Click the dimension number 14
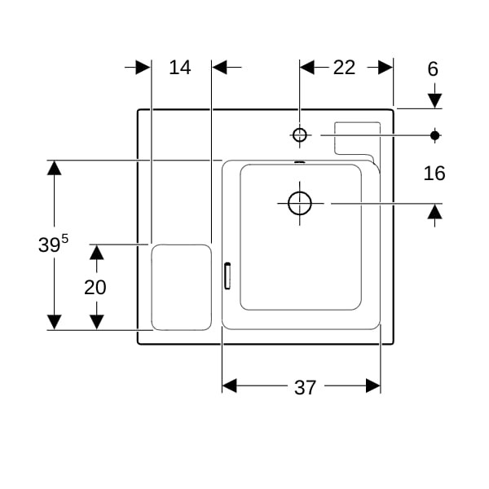point(180,68)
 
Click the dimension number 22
point(344,68)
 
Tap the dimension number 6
point(433,69)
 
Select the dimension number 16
point(434,174)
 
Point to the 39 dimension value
point(49,244)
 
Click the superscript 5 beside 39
point(65,239)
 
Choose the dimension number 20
point(95,287)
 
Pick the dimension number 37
point(306,388)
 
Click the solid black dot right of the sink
point(434,135)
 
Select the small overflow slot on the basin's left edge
point(227,275)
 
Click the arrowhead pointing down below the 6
point(434,101)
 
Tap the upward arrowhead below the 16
point(434,212)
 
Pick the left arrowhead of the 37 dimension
point(230,385)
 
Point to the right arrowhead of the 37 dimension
point(373,385)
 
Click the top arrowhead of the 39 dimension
point(55,168)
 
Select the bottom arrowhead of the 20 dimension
point(97,322)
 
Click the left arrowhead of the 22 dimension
point(307,67)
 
